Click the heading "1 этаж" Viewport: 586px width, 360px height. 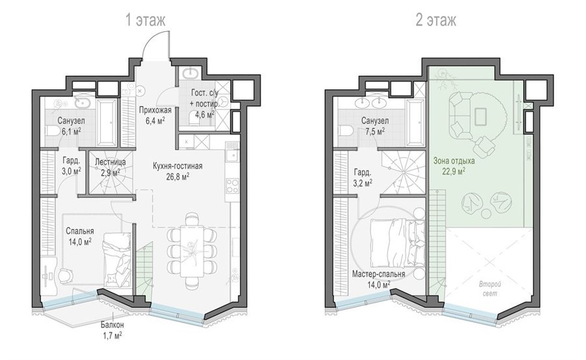tap(145, 21)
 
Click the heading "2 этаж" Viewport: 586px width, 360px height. tap(436, 21)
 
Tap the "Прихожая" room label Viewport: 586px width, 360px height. tap(155, 110)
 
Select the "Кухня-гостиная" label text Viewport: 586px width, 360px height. tap(178, 166)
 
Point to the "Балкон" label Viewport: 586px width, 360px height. tap(113, 325)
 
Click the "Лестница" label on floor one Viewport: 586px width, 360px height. tap(110, 162)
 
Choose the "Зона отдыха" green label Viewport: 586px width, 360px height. tap(454, 161)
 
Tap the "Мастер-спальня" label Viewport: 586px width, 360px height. tap(378, 274)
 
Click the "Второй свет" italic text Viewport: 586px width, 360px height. tap(490, 289)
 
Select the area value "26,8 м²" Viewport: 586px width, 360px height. tap(178, 176)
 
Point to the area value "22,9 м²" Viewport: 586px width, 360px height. tap(454, 171)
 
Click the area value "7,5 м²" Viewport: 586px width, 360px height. tap(375, 132)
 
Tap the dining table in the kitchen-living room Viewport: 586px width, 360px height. tap(193, 251)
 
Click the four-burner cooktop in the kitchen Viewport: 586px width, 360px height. tap(232, 186)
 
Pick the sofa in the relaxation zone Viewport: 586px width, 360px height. tap(459, 114)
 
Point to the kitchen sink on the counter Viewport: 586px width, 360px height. tap(232, 155)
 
